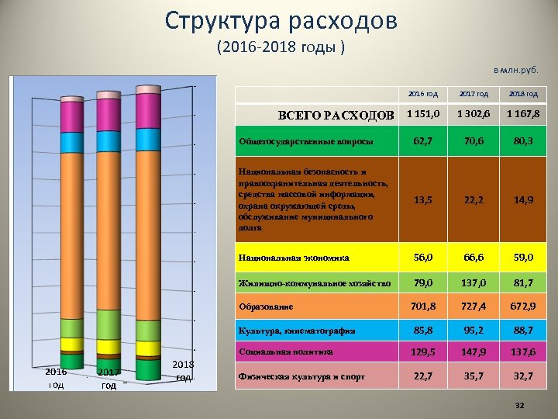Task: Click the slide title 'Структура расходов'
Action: [281, 20]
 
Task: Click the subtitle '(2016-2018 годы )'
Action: [281, 47]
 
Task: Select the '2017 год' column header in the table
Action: [473, 94]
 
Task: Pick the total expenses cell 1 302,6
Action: [473, 115]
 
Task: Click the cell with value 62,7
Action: [422, 142]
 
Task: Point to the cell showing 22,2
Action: [473, 199]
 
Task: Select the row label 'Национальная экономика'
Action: [294, 257]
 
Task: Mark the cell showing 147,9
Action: [473, 353]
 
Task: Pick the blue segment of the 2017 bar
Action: [110, 141]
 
